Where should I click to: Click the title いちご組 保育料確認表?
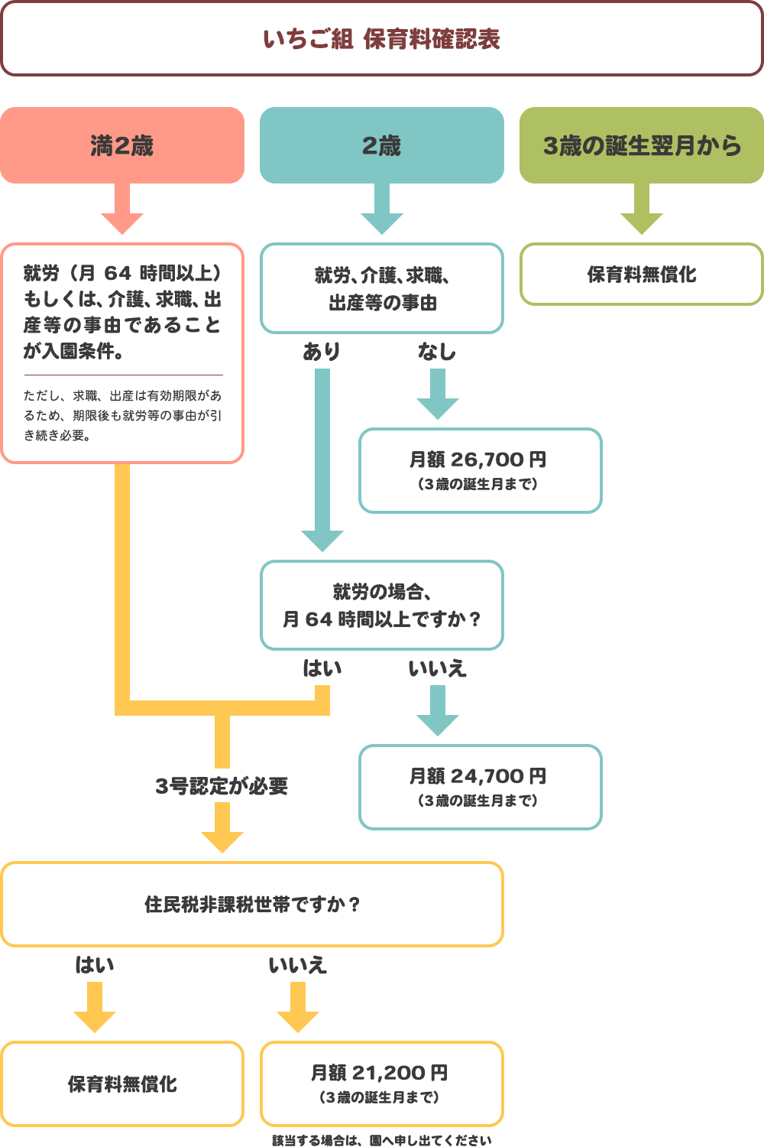[381, 39]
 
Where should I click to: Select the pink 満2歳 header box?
[122, 145]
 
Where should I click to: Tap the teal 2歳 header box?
[381, 145]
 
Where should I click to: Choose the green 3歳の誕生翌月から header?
[642, 145]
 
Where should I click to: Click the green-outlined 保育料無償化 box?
[642, 275]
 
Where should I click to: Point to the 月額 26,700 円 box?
[480, 470]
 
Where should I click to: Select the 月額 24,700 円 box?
[480, 787]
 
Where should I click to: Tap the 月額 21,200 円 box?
[381, 1084]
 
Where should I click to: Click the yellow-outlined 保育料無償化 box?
[122, 1084]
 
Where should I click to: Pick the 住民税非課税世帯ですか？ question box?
[252, 905]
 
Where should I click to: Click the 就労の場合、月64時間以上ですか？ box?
[381, 606]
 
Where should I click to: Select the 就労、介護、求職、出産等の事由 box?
[381, 289]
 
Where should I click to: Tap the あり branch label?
[322, 351]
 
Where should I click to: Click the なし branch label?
[437, 351]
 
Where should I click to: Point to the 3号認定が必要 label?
[222, 786]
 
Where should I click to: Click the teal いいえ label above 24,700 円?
[437, 668]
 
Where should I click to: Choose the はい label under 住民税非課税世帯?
[95, 965]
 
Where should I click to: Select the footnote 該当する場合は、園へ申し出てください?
[381, 1140]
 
